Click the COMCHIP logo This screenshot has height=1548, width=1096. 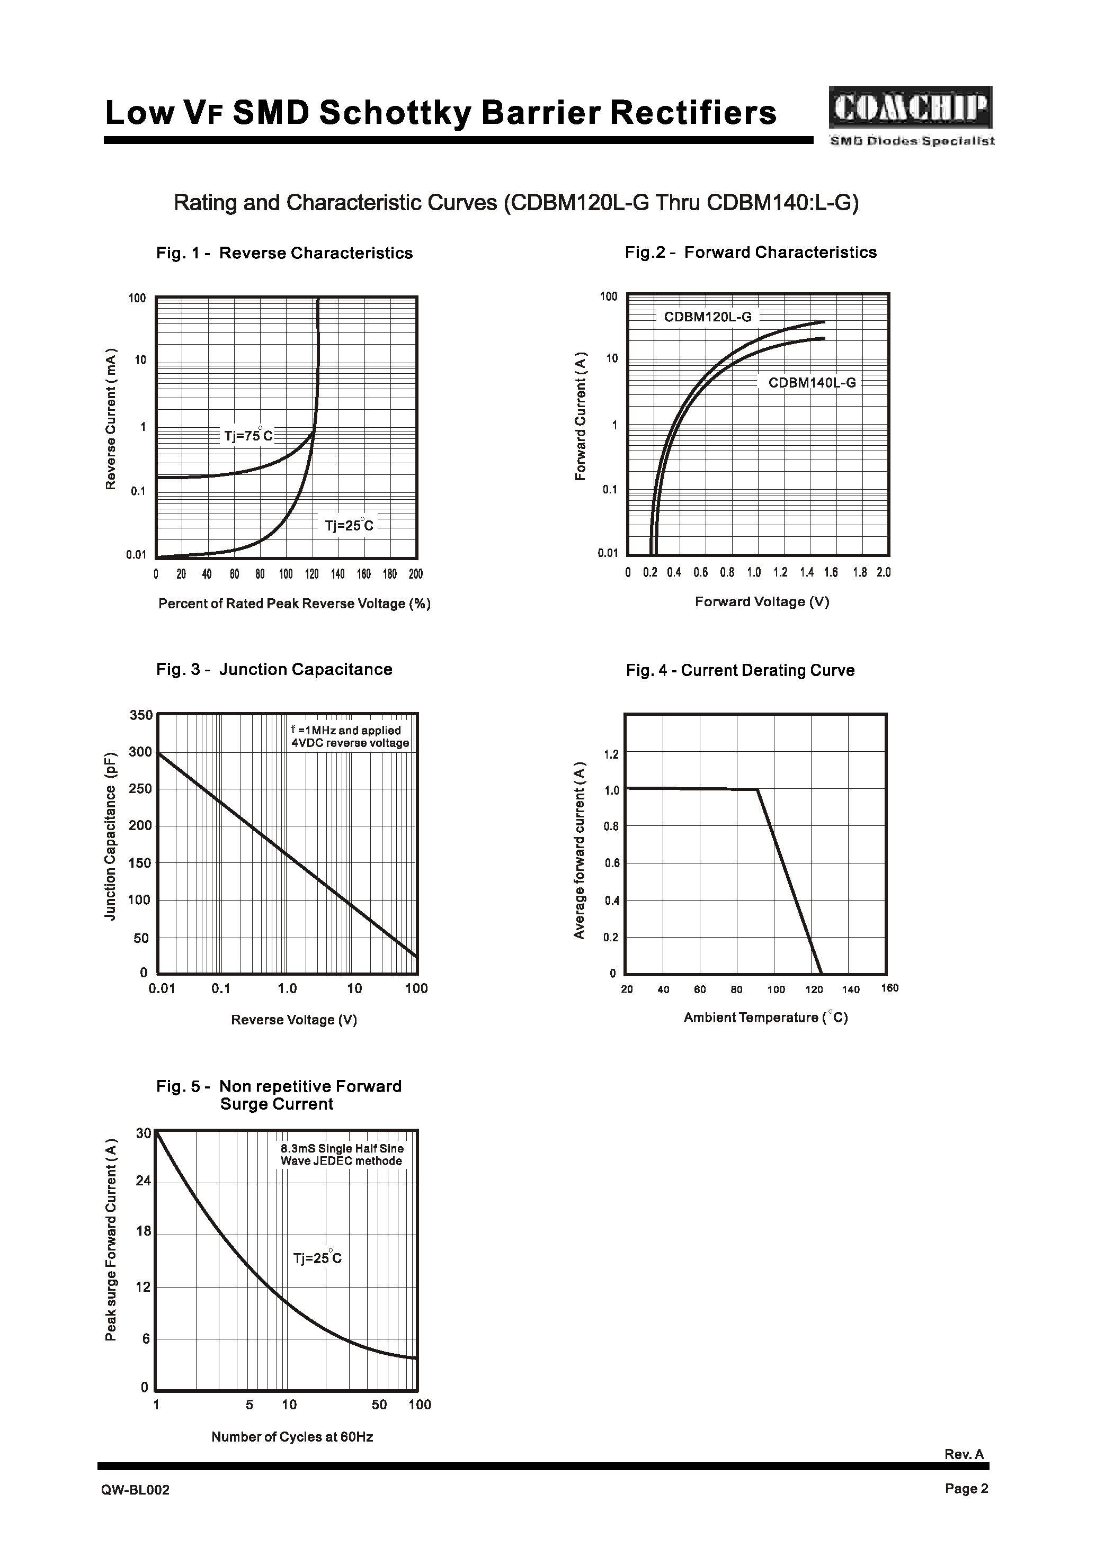pyautogui.click(x=911, y=108)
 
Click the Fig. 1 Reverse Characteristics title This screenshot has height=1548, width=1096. pyautogui.click(x=284, y=253)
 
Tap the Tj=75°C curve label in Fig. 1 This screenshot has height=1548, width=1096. pyautogui.click(x=248, y=436)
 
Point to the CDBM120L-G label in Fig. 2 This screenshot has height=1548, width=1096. pyautogui.click(x=707, y=317)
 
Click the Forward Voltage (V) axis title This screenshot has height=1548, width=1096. pyautogui.click(x=762, y=601)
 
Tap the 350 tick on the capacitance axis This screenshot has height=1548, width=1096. pyautogui.click(x=141, y=715)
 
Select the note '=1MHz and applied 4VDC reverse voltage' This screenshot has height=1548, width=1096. pyautogui.click(x=350, y=736)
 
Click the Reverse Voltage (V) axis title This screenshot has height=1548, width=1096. pyautogui.click(x=293, y=1020)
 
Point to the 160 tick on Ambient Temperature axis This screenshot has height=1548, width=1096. pyautogui.click(x=890, y=988)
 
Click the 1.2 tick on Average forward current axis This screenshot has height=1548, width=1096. pyautogui.click(x=611, y=754)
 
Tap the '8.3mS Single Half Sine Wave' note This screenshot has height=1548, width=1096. pyautogui.click(x=342, y=1155)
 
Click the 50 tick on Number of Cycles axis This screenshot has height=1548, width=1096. pyautogui.click(x=379, y=1405)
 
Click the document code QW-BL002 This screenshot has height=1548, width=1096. pyautogui.click(x=136, y=1490)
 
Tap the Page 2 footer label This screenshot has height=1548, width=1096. pyautogui.click(x=966, y=1489)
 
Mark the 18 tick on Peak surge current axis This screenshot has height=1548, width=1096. pyautogui.click(x=144, y=1231)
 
